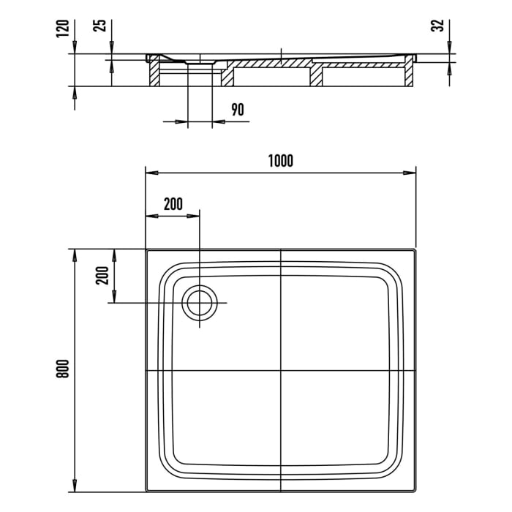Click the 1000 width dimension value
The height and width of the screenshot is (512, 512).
tap(280, 162)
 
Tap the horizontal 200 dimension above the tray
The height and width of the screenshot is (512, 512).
tap(173, 204)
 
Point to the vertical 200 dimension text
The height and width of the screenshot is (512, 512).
tap(102, 275)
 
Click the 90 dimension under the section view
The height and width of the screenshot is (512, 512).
tap(237, 110)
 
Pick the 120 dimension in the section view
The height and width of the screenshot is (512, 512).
tap(64, 29)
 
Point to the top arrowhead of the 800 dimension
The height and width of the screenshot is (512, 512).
tap(74, 253)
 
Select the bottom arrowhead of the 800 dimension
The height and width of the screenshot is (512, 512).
tap(74, 487)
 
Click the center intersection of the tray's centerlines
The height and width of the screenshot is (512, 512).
tap(281, 371)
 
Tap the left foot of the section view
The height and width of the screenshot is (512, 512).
tap(154, 77)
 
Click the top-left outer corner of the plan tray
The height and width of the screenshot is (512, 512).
tap(147, 250)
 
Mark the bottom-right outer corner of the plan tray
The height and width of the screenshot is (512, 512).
tap(415, 491)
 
